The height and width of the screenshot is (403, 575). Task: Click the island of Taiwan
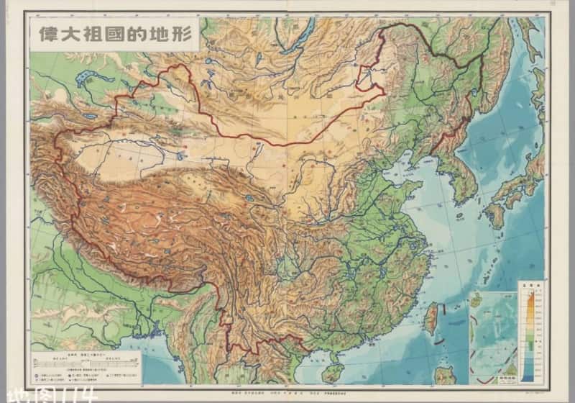pos(431,317)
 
